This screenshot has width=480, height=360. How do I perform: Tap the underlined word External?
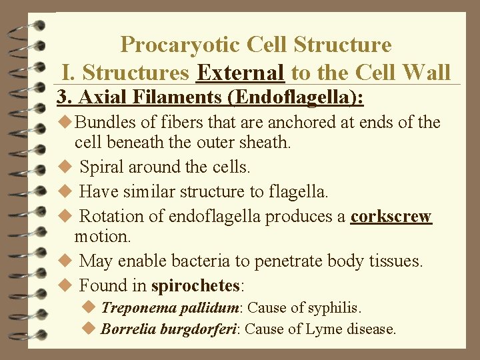[241, 71]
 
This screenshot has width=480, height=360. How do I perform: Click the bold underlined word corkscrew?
[391, 217]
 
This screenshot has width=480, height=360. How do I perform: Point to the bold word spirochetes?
[195, 286]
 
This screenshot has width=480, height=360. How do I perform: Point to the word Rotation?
[109, 217]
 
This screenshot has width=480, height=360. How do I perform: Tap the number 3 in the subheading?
[62, 97]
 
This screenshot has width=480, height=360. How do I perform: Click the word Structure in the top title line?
[349, 45]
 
